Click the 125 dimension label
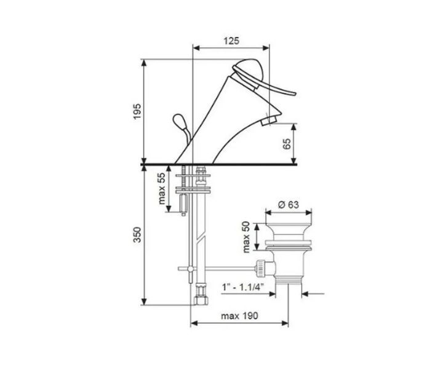coord(231,41)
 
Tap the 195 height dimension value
coord(137,111)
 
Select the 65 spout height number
coord(287,144)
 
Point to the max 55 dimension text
coord(161,189)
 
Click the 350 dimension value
coord(137,234)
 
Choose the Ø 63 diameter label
coord(288,204)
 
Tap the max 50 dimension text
coord(246,237)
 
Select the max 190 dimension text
coord(239,315)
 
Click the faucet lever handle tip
coord(294,93)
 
